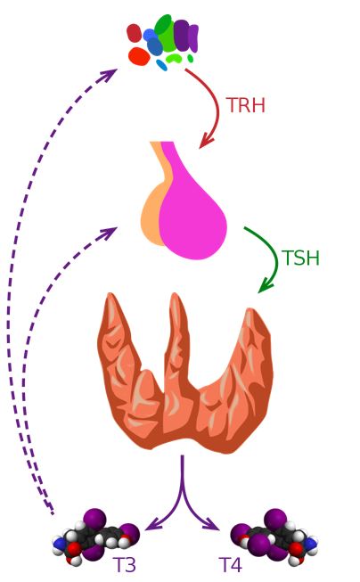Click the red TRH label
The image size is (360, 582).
[x=246, y=105]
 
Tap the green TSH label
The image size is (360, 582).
[x=300, y=258]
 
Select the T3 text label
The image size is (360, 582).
[x=125, y=564]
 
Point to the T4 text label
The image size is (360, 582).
[x=231, y=564]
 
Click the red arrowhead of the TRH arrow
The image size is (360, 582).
[x=206, y=142]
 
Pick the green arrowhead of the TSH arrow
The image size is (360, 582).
[x=265, y=286]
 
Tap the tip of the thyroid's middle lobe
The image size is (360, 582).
[x=176, y=294]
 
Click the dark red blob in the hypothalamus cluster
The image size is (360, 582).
[x=134, y=33]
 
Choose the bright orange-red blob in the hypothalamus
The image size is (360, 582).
[x=139, y=56]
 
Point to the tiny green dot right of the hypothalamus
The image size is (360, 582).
[x=191, y=58]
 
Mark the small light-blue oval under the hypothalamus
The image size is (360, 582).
[x=161, y=65]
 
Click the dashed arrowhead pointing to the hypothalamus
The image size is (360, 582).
[x=110, y=73]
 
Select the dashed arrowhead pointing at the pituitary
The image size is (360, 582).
[x=110, y=233]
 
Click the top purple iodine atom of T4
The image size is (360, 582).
[x=275, y=519]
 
